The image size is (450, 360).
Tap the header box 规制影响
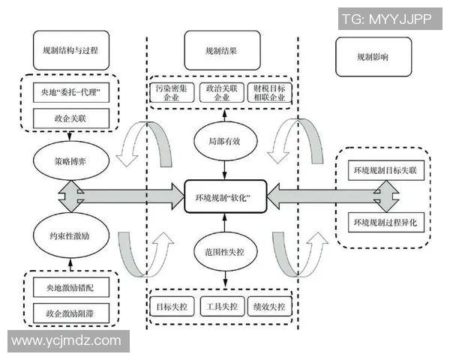(373, 57)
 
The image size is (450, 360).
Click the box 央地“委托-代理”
(71, 94)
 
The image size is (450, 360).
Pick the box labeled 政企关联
(71, 117)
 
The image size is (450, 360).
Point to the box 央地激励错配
(71, 286)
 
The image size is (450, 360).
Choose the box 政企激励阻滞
(71, 310)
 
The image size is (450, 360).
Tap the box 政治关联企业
(223, 93)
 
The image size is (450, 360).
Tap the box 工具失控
(223, 307)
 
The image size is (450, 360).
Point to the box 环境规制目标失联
(388, 171)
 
